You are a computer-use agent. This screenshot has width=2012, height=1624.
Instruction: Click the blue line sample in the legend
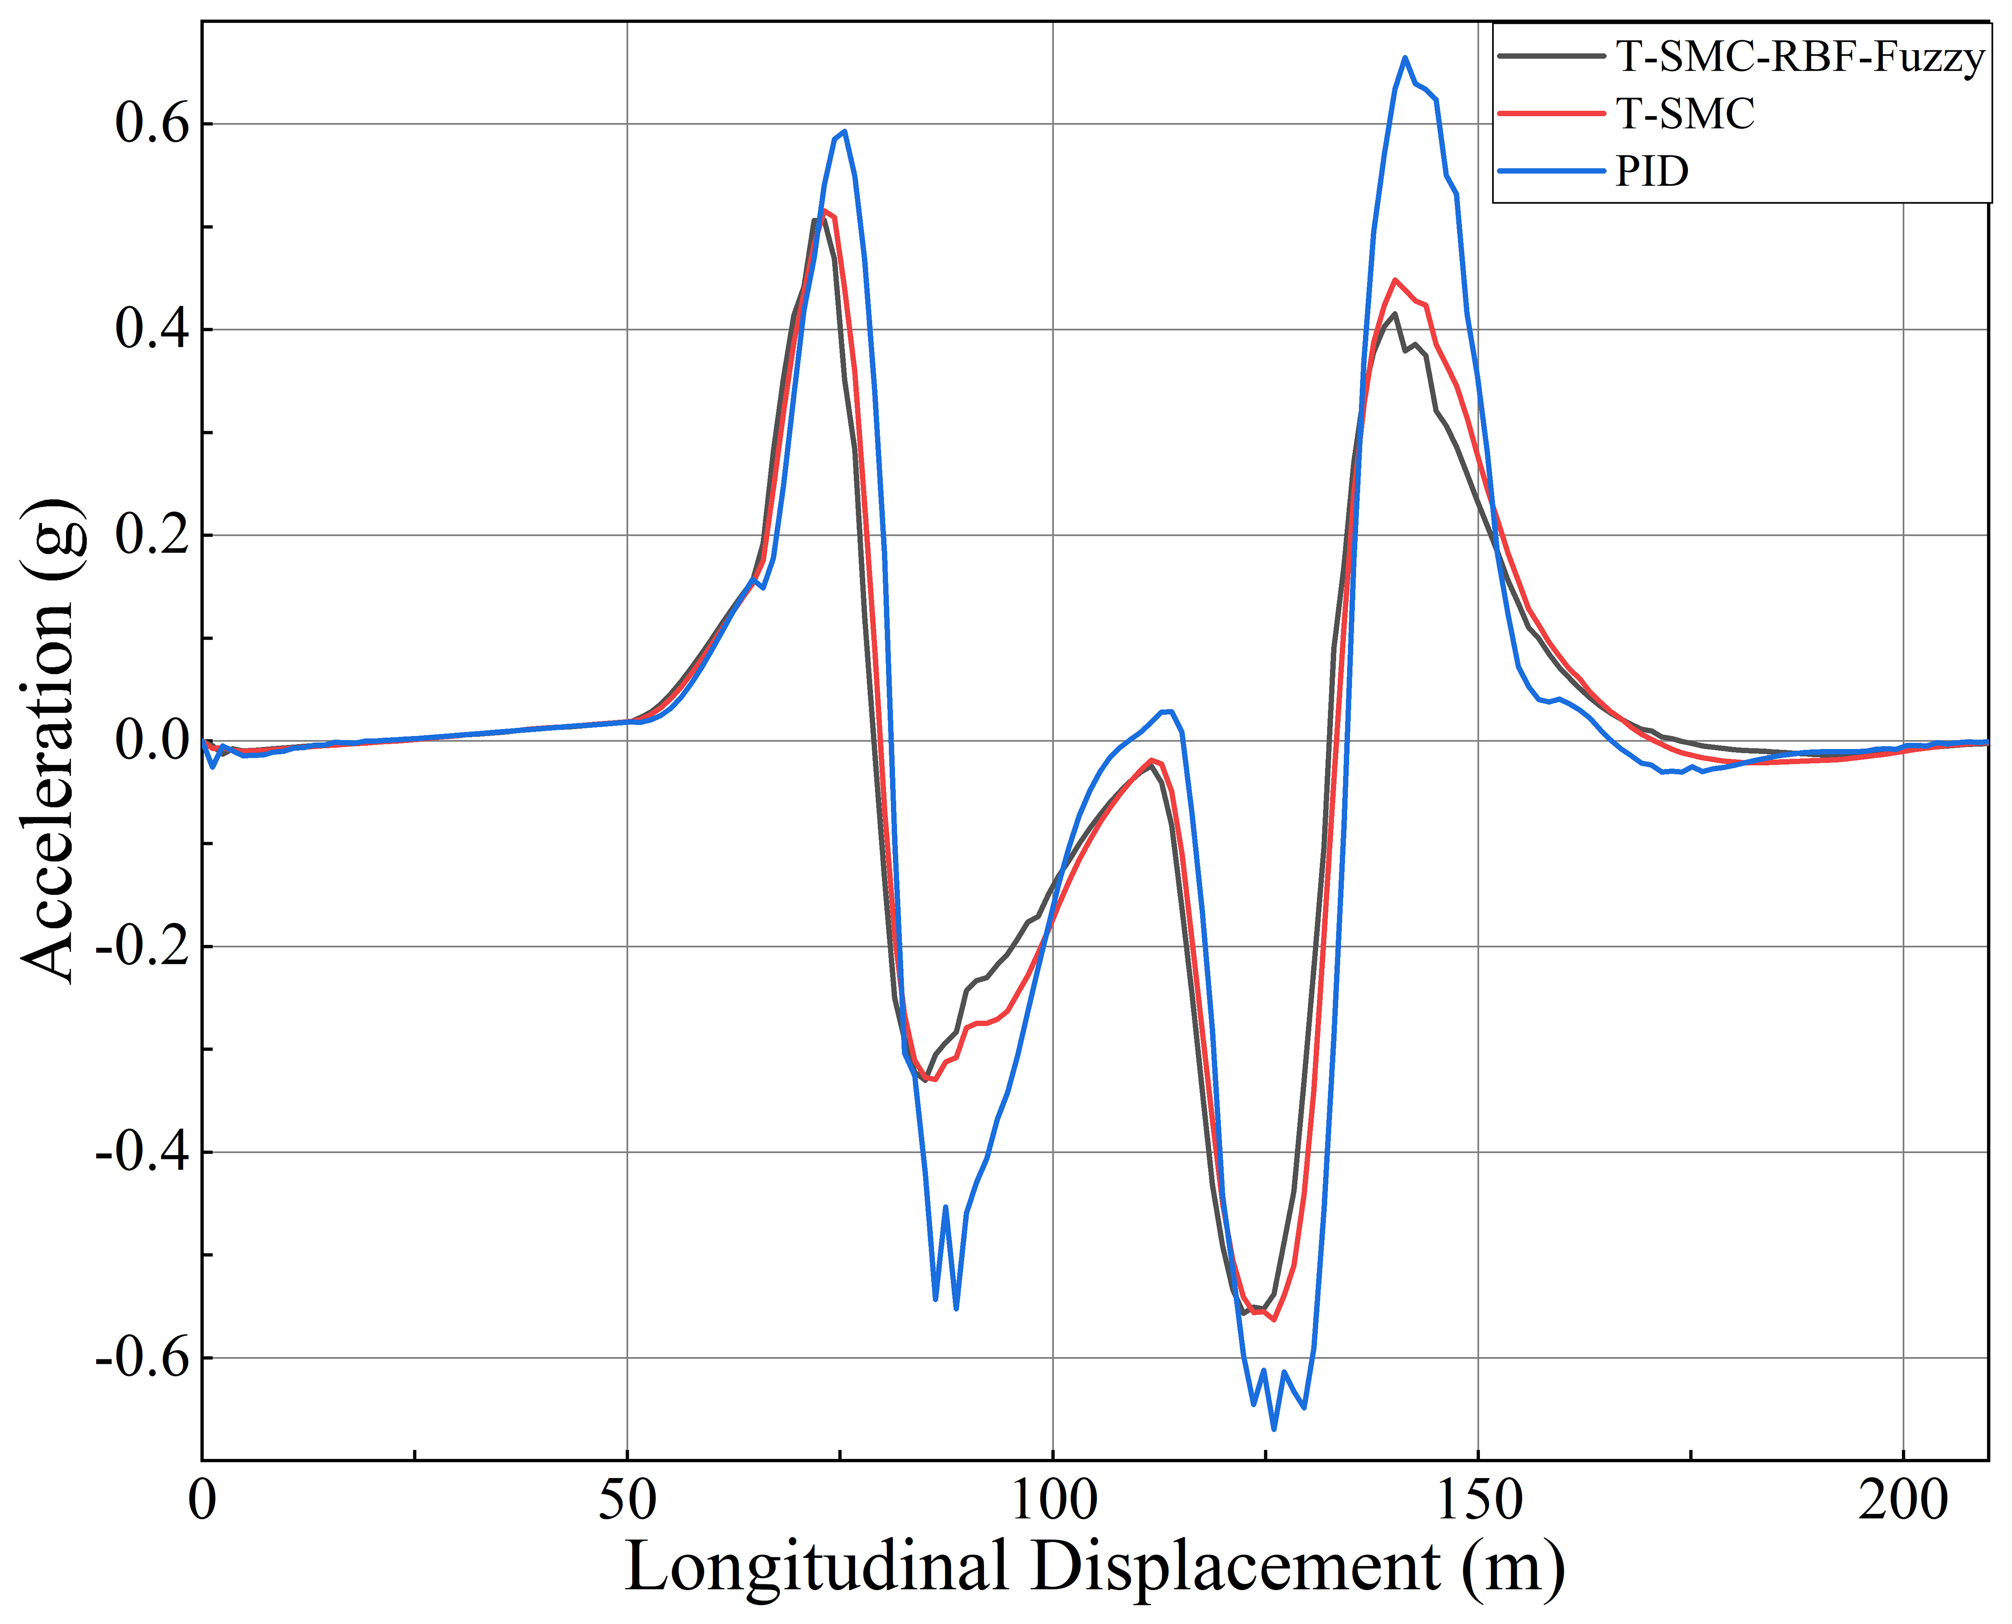(x=1551, y=171)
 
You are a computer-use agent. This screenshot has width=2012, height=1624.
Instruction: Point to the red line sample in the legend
(x=1551, y=114)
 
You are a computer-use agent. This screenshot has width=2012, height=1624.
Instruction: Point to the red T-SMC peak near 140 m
(x=1395, y=280)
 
